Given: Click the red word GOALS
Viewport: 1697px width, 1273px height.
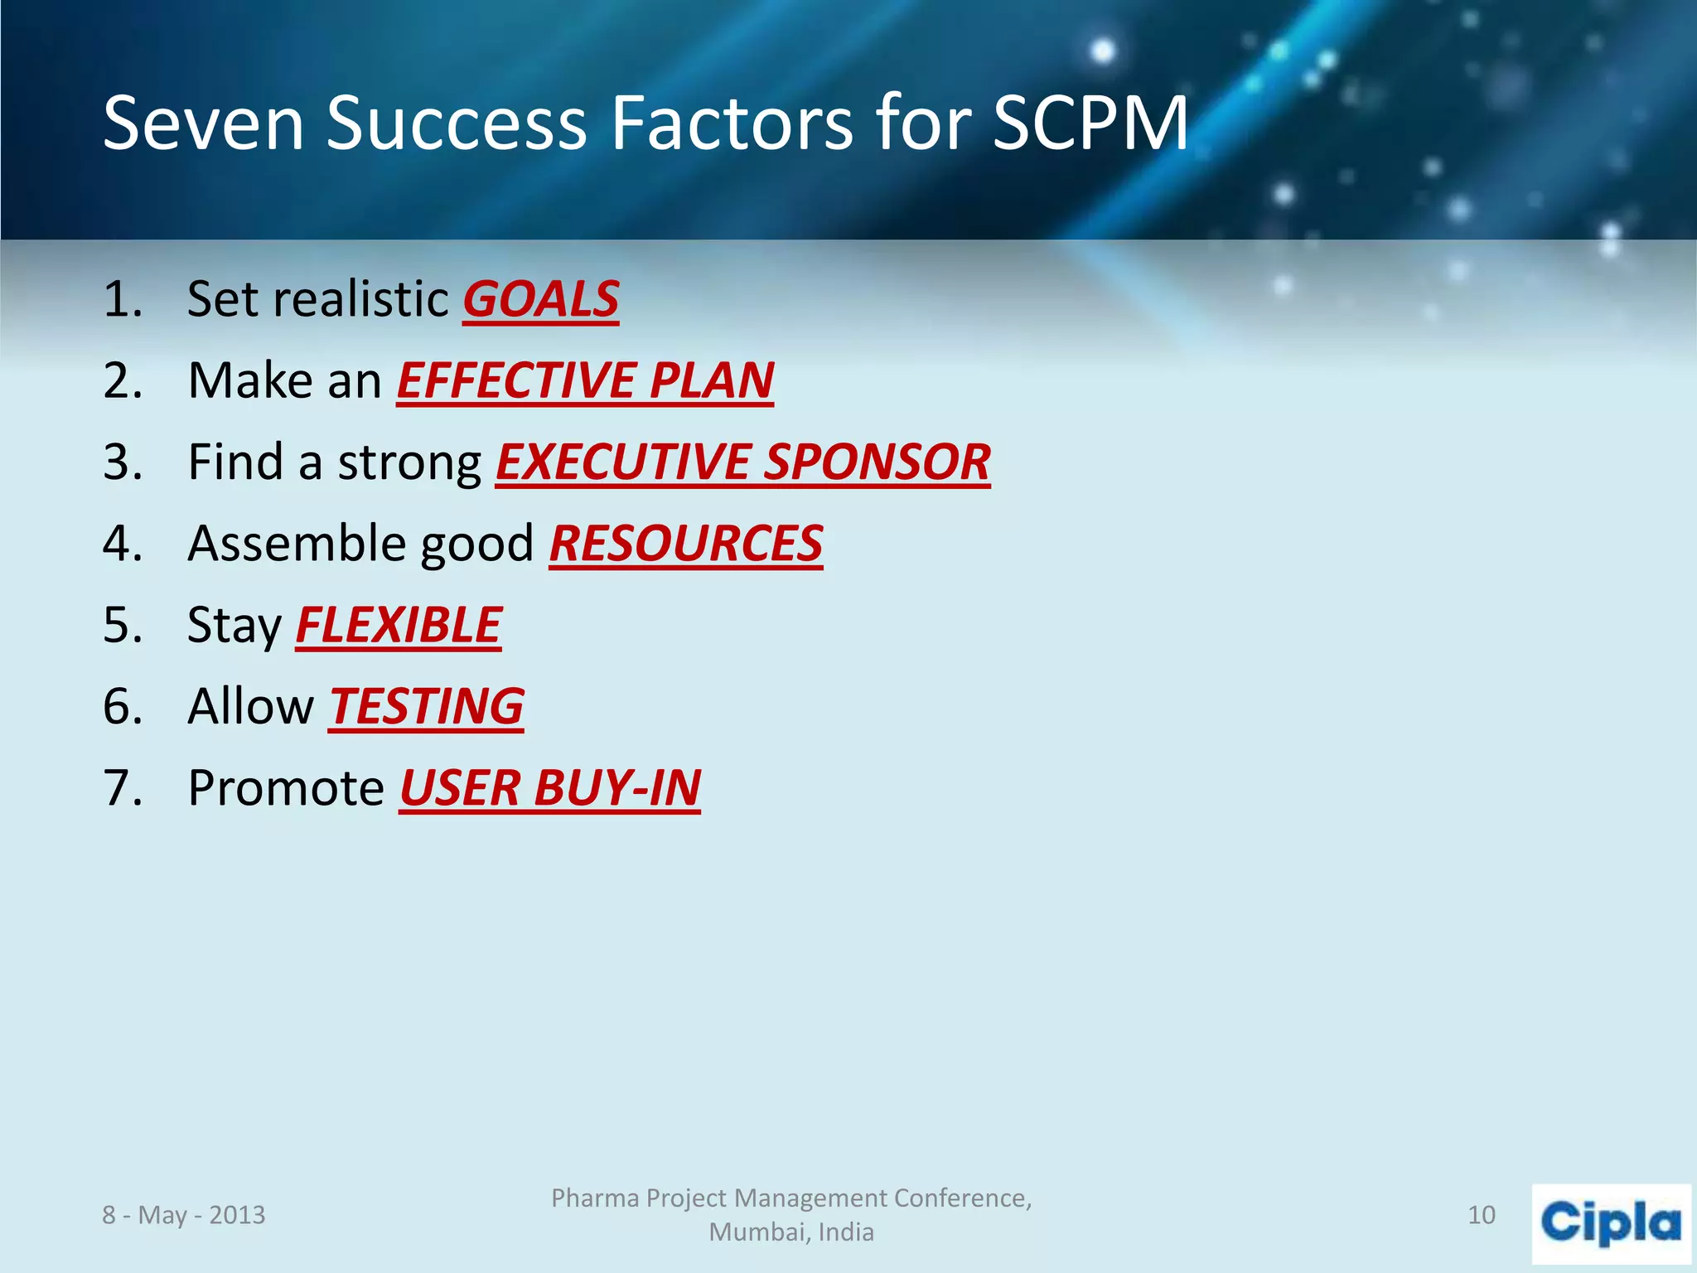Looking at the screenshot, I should coord(540,299).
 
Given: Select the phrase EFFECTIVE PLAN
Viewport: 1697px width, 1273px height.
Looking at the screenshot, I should coord(585,380).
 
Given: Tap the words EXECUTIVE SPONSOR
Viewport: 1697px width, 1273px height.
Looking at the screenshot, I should coord(742,462).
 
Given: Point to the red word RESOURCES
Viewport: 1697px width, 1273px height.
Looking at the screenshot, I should coord(686,544).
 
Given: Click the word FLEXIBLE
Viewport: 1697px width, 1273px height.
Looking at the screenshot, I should coord(399,625).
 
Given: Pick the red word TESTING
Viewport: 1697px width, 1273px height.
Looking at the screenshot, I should coord(426,706).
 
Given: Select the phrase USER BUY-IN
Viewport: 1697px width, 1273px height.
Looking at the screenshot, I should coord(550,787).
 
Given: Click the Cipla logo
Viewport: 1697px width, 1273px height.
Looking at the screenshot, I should coord(1611,1223).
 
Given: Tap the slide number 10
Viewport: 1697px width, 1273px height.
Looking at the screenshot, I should coord(1482,1215).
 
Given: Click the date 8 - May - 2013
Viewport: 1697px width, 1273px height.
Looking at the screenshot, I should coord(184,1215).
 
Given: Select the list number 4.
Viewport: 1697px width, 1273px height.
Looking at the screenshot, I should coord(122,544).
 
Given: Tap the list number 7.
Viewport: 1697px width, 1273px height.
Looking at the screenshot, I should coord(122,787).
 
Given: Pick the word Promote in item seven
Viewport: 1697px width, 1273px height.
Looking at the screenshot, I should coord(286,787).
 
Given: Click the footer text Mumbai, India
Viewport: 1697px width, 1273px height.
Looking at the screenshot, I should coord(791,1232).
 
